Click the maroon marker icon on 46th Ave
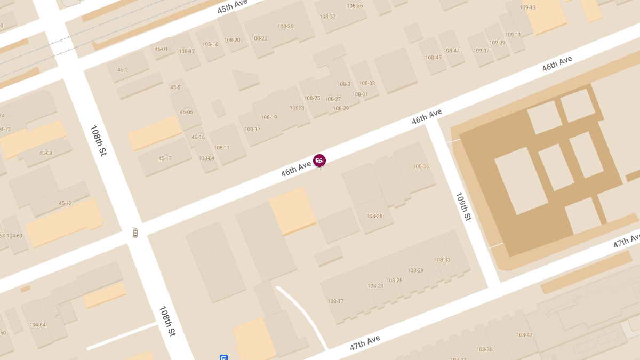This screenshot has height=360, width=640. pyautogui.click(x=319, y=160)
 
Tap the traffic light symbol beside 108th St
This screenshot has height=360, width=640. pyautogui.click(x=135, y=233)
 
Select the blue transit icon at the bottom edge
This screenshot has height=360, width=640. pyautogui.click(x=224, y=357)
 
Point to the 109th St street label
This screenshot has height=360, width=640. pyautogui.click(x=463, y=206)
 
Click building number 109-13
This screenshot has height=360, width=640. pyautogui.click(x=527, y=7)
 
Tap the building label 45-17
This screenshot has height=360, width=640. pyautogui.click(x=165, y=158)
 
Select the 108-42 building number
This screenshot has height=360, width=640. pyautogui.click(x=524, y=335)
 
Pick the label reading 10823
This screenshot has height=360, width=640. pyautogui.click(x=297, y=108)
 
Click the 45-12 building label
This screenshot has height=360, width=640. pyautogui.click(x=65, y=203)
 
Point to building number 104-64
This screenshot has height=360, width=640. pyautogui.click(x=37, y=325)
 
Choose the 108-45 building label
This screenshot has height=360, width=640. pyautogui.click(x=433, y=58)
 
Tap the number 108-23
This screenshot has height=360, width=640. pyautogui.click(x=375, y=286)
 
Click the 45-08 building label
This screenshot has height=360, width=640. pyautogui.click(x=45, y=153)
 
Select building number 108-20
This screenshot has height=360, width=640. pyautogui.click(x=232, y=40)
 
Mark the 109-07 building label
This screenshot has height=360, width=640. pyautogui.click(x=481, y=51)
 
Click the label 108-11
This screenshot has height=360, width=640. pyautogui.click(x=221, y=148)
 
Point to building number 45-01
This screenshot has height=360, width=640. pyautogui.click(x=161, y=50)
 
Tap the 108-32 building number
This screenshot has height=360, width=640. pyautogui.click(x=327, y=17)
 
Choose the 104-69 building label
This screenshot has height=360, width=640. pyautogui.click(x=14, y=236)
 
